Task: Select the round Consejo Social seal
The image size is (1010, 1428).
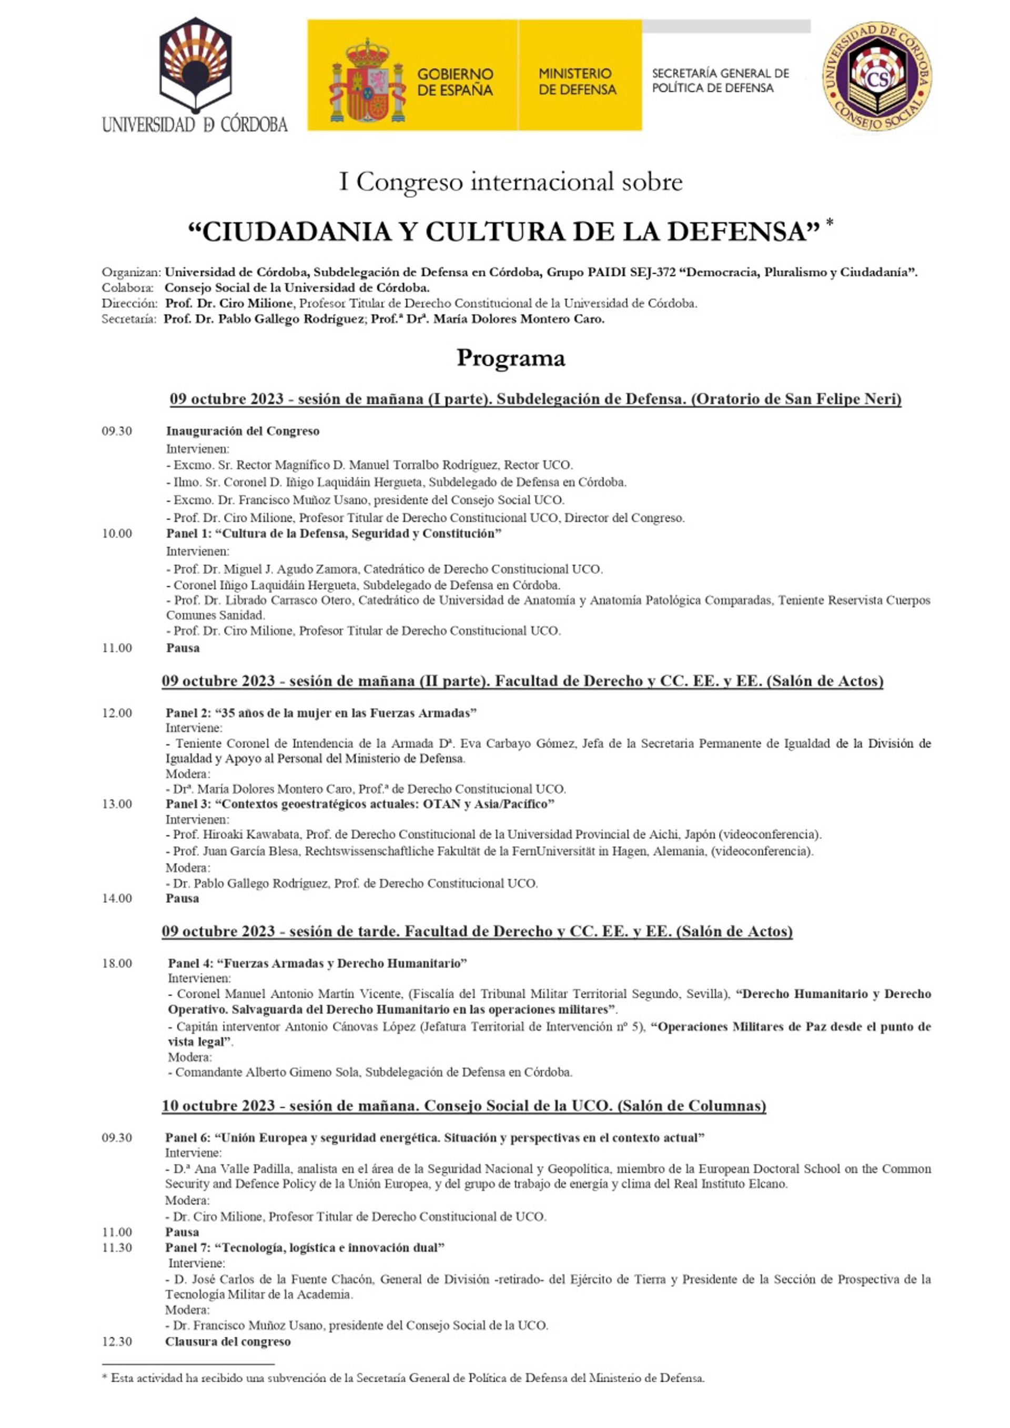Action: [x=877, y=76]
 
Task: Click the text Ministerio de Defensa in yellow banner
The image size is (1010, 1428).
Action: [x=577, y=82]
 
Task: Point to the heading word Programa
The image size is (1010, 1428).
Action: [x=511, y=358]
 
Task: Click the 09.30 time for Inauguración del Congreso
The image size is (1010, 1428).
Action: [x=117, y=431]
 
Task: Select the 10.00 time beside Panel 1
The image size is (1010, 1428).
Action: [x=117, y=533]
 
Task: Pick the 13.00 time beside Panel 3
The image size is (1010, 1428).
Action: [x=117, y=803]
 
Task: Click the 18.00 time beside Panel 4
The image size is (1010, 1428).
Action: [x=117, y=963]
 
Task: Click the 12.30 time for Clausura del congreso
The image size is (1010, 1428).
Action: [x=117, y=1342]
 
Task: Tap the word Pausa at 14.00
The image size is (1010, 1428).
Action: [x=182, y=898]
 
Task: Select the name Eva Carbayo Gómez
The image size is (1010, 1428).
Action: [x=533, y=743]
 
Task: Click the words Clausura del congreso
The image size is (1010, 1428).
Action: [x=228, y=1342]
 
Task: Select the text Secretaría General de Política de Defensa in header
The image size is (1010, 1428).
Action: [x=720, y=81]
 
